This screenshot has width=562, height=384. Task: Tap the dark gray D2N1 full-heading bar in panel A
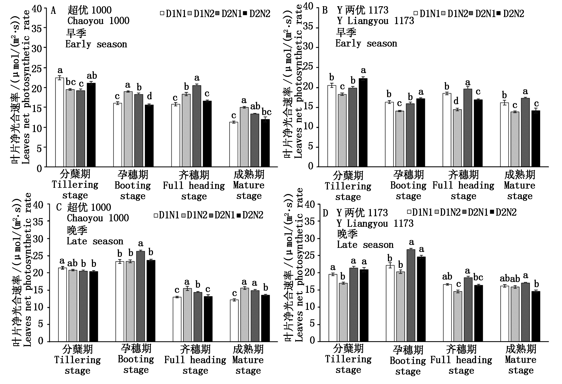[197, 126]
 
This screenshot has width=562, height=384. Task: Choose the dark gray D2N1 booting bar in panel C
[141, 296]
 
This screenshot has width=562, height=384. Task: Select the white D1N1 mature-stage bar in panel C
[234, 321]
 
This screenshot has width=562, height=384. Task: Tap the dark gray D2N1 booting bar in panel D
[411, 295]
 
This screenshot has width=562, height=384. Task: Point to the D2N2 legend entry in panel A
[257, 14]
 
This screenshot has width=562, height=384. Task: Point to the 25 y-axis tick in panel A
[37, 68]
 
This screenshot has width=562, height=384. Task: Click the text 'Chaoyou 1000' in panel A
[98, 21]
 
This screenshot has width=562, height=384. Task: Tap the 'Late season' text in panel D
[365, 245]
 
